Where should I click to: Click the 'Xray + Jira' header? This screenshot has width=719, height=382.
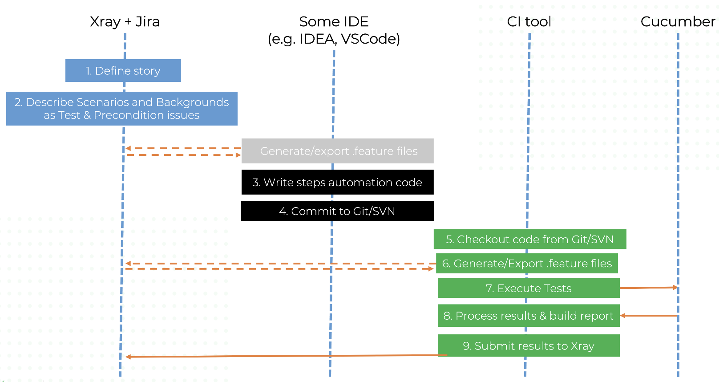coord(125,22)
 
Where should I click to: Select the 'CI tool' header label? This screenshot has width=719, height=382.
coord(529,22)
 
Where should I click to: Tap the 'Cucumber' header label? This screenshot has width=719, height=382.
coord(678,22)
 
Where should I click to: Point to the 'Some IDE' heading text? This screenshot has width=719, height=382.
coord(334,22)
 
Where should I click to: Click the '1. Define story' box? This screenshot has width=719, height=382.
coord(123,71)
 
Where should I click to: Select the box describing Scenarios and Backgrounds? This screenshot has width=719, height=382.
coord(122,109)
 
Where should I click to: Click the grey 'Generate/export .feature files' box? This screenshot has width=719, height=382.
coord(338,151)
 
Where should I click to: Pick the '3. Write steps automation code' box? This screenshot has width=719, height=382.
coord(338,182)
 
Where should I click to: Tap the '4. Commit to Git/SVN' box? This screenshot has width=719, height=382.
coord(337,211)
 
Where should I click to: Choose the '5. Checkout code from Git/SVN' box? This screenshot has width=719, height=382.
coord(530,240)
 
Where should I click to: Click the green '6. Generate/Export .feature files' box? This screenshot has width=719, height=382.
coord(527,264)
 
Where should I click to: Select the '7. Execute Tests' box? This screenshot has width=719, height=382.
coord(529,288)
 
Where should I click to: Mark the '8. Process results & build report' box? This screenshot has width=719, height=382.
coord(529,316)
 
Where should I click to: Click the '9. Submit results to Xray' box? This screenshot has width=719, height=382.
coord(529,345)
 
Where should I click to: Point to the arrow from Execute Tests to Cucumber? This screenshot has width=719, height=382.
coord(649,288)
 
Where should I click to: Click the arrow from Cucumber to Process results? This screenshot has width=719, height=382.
coord(649,316)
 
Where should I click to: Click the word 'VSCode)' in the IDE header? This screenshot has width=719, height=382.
coord(371,39)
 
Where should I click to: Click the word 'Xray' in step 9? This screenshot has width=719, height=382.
coord(582,346)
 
